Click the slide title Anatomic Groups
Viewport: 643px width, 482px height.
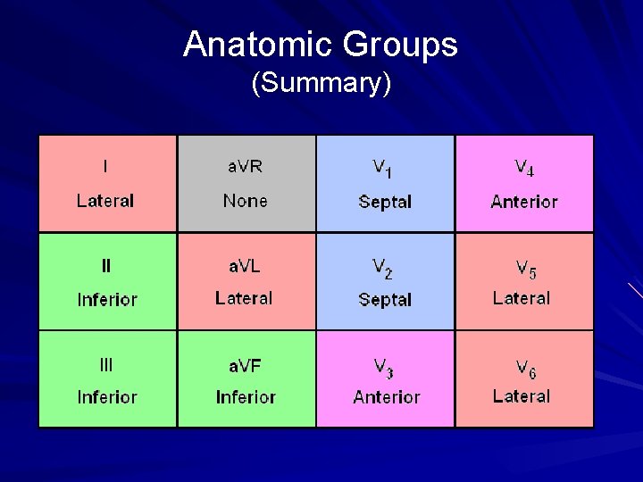[x=321, y=45]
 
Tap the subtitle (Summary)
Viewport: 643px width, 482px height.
[x=321, y=84]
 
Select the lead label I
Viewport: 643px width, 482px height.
[x=105, y=166]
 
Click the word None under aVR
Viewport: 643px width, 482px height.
[x=245, y=201]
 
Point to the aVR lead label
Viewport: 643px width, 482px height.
[x=245, y=166]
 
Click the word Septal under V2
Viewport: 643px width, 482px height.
[x=385, y=299]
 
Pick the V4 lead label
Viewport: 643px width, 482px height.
[x=524, y=168]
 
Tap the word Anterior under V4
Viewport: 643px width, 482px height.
[x=524, y=202]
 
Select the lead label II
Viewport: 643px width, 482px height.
[x=106, y=265]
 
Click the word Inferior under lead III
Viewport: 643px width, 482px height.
[x=107, y=397]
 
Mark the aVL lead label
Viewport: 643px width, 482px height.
[x=245, y=265]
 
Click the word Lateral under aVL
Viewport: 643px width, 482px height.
[x=244, y=298]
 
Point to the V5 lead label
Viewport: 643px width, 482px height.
[x=525, y=267]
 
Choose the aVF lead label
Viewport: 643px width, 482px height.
[x=245, y=364]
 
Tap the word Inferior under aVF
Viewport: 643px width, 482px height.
[x=246, y=397]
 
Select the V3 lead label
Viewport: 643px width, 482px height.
[x=384, y=366]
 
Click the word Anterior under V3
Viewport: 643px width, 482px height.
[x=386, y=397]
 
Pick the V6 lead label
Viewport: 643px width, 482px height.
[x=525, y=366]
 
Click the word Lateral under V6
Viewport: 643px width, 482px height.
[x=522, y=396]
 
